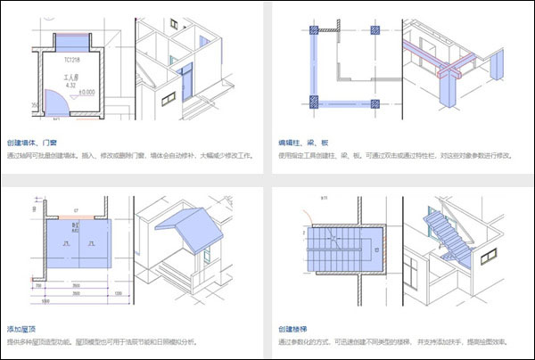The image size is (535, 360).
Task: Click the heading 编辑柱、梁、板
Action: tap(305, 142)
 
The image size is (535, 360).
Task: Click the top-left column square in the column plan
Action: tap(315, 29)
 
